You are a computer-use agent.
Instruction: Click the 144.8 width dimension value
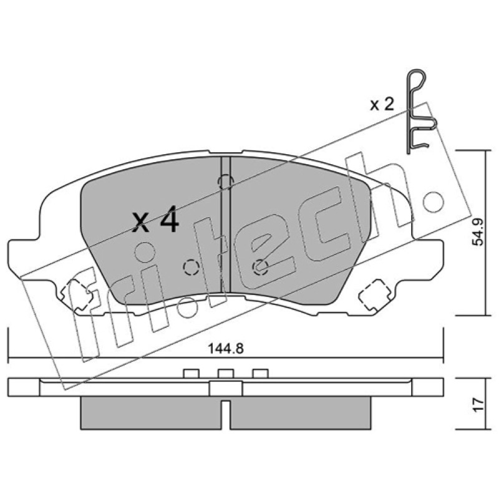226,349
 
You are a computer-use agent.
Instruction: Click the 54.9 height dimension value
478,232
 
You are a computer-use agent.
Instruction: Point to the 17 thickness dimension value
478,404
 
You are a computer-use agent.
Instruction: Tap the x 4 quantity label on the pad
155,220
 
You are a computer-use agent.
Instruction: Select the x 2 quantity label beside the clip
382,104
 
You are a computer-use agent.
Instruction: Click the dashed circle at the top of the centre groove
226,182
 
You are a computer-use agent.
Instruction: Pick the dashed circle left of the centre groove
191,267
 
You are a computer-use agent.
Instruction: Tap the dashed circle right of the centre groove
260,267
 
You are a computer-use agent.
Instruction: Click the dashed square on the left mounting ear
77,294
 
